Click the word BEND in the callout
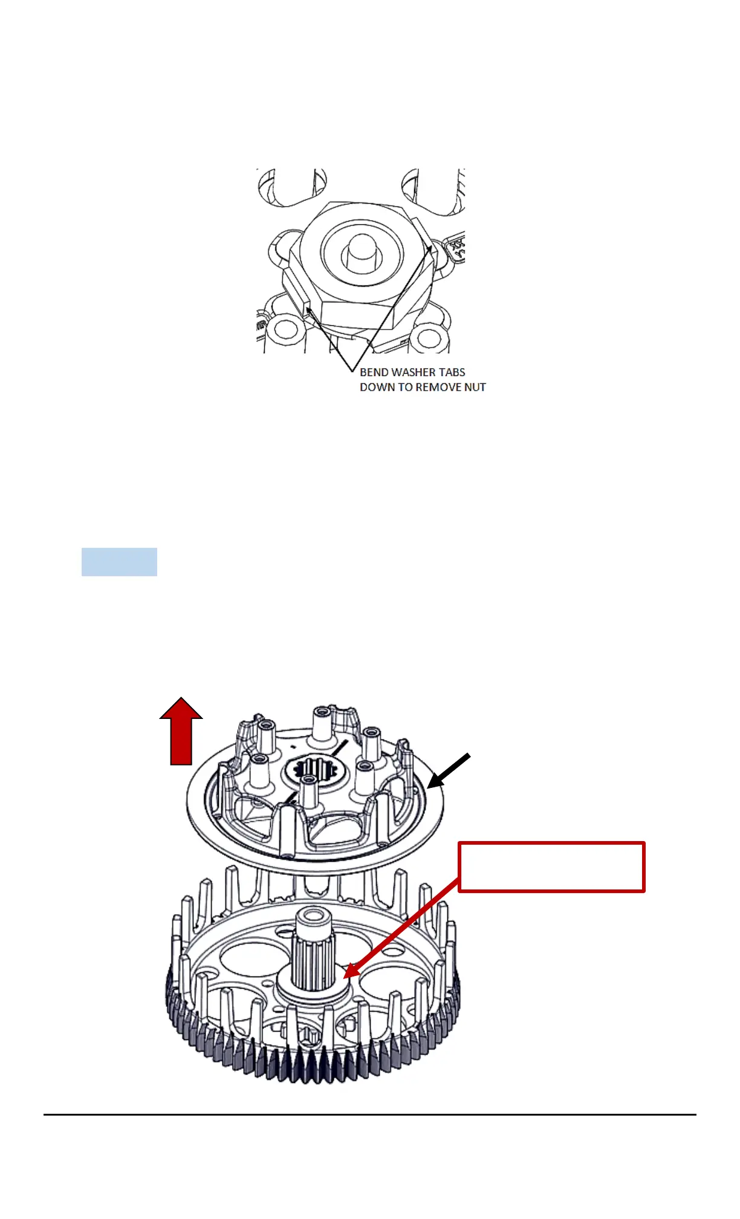(x=374, y=372)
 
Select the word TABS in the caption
(x=452, y=372)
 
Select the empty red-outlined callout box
(x=551, y=866)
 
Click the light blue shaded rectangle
(x=119, y=562)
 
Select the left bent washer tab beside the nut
(x=301, y=290)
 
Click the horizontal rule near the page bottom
(x=370, y=1114)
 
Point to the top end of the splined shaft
(x=312, y=918)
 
